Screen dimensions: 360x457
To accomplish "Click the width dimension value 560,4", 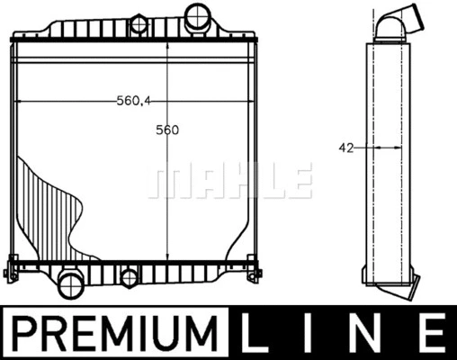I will pos(132,101).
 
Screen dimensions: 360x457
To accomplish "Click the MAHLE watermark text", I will pos(230,181).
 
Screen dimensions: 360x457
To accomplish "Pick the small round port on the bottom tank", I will pos(130,277).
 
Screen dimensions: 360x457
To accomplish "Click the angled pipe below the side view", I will pos(397,287).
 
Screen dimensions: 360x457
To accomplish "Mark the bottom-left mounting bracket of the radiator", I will pos(13,267).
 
